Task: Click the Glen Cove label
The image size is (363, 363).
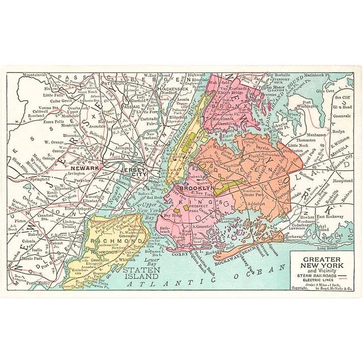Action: (x=325, y=91)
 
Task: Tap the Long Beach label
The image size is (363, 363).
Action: (x=328, y=248)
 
